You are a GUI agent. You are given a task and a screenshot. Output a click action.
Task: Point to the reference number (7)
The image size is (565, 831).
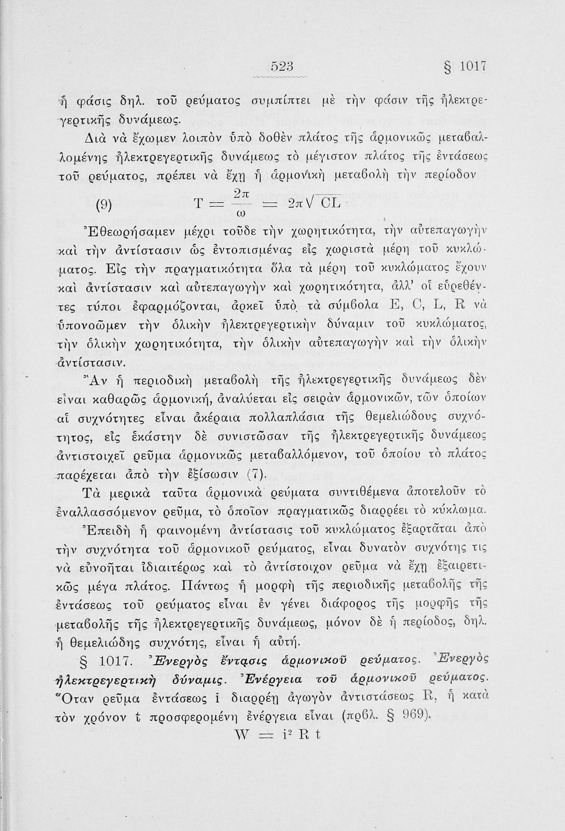click(x=255, y=475)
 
